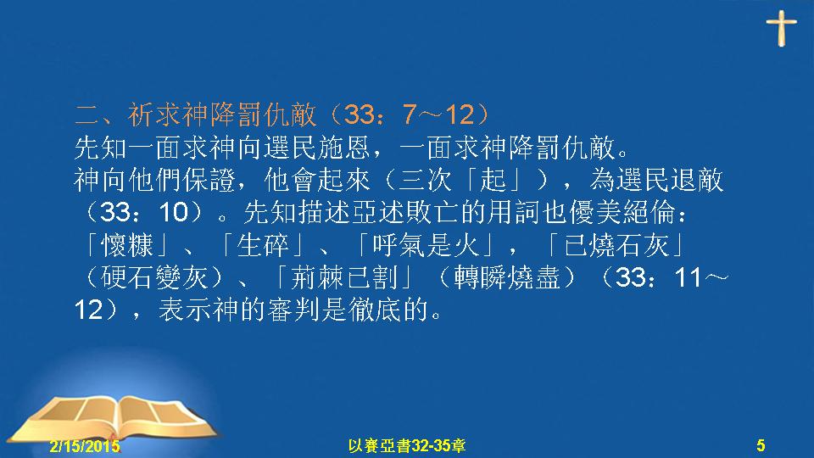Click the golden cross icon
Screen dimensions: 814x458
pyautogui.click(x=781, y=28)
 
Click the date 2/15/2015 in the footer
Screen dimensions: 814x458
pyautogui.click(x=85, y=445)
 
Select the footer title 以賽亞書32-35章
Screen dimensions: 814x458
pyautogui.click(x=406, y=445)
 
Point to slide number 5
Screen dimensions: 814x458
pyautogui.click(x=761, y=445)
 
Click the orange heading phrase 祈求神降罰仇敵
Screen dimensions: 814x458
pyautogui.click(x=221, y=114)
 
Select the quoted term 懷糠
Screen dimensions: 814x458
pyautogui.click(x=127, y=245)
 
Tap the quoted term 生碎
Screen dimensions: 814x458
pyautogui.click(x=263, y=245)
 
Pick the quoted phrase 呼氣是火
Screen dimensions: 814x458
pyautogui.click(x=426, y=245)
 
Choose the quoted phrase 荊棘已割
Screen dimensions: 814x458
pyautogui.click(x=344, y=278)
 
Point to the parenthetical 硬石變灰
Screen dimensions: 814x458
pyautogui.click(x=154, y=278)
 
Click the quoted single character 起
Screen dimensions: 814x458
pyautogui.click(x=493, y=180)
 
